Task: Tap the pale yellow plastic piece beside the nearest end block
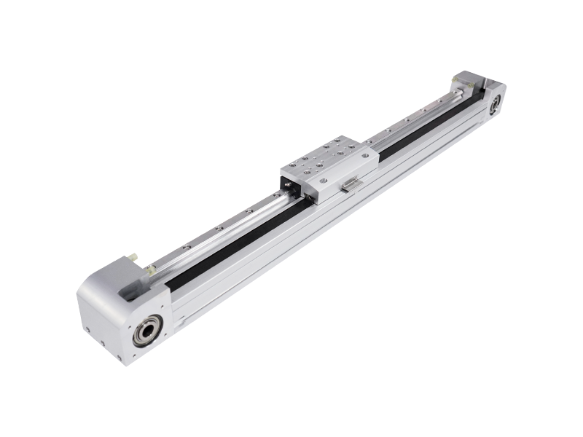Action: pyautogui.click(x=150, y=271)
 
